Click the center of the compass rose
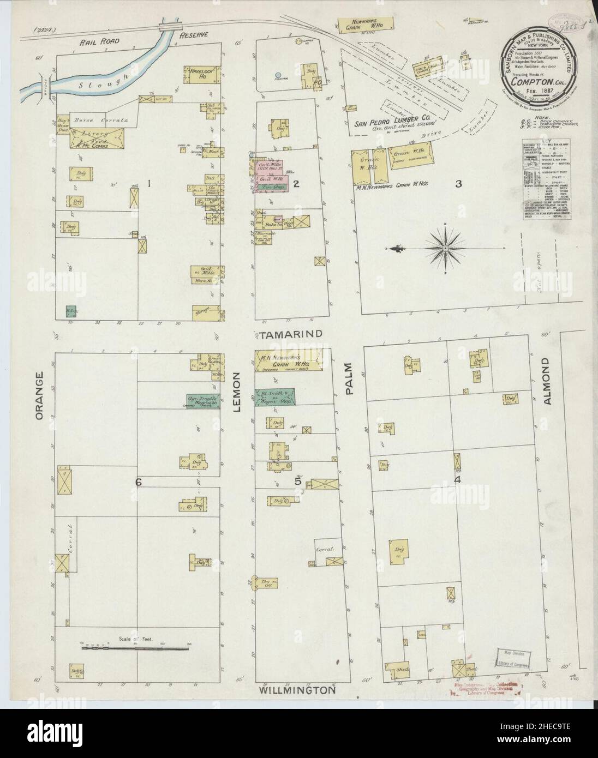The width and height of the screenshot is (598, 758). coord(445,248)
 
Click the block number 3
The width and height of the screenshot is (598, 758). coord(459,184)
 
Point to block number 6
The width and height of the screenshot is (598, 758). coord(139,482)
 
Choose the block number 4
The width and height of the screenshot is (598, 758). coord(458,480)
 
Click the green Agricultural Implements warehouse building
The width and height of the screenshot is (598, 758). coord(203,401)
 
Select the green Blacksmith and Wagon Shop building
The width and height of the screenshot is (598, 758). coord(275,396)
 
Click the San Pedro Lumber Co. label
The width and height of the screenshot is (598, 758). coord(387,123)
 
